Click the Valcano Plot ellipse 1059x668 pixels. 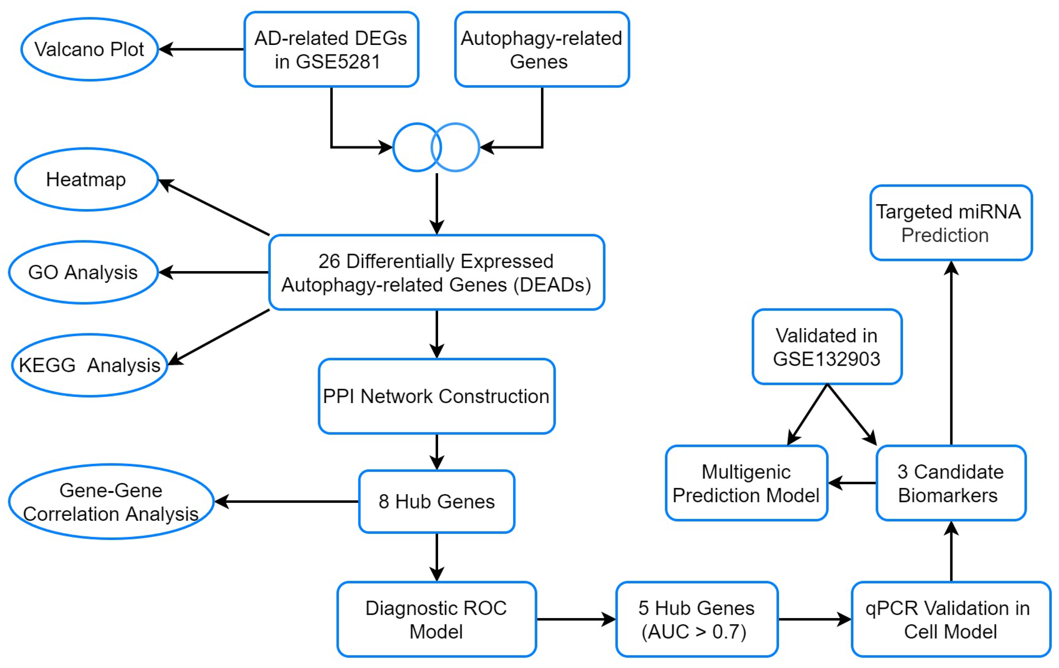pyautogui.click(x=89, y=49)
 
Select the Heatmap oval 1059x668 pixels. pyautogui.click(x=86, y=179)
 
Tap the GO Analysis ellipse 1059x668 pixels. pyautogui.click(x=83, y=272)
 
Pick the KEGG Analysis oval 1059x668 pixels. pyautogui.click(x=89, y=365)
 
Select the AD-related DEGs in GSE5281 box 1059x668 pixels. pyautogui.click(x=331, y=49)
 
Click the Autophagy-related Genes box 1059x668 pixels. pyautogui.click(x=542, y=49)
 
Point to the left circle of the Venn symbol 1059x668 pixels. pyautogui.click(x=411, y=147)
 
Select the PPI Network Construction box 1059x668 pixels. pyautogui.click(x=436, y=397)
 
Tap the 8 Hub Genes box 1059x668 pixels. pyautogui.click(x=436, y=501)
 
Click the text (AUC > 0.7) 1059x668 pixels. pyautogui.click(x=694, y=631)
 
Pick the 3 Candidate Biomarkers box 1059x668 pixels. pyautogui.click(x=951, y=483)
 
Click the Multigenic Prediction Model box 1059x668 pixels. pyautogui.click(x=746, y=483)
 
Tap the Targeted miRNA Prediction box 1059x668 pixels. pyautogui.click(x=951, y=223)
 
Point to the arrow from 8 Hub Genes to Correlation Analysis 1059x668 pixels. pyautogui.click(x=286, y=501)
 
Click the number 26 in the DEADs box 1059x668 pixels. pyautogui.click(x=329, y=261)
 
